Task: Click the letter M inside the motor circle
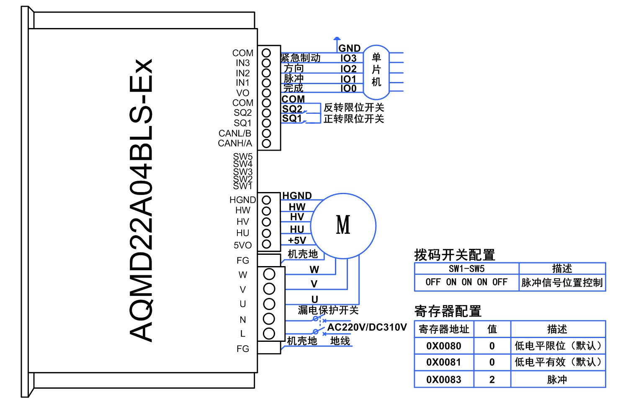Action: (343, 225)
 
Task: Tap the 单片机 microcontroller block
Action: (376, 70)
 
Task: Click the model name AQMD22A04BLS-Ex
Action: (141, 200)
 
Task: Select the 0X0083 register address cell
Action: (444, 379)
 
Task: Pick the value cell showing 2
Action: (492, 379)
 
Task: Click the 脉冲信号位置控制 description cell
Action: (562, 283)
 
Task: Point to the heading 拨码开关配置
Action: (454, 255)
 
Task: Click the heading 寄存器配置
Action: (448, 311)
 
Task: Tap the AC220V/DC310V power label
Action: (367, 327)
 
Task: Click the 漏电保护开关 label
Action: (328, 310)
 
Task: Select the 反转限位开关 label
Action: (354, 108)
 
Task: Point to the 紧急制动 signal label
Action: (301, 58)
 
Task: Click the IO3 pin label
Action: (348, 58)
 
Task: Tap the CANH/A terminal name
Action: (235, 143)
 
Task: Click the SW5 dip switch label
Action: (243, 156)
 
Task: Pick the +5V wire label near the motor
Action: (297, 240)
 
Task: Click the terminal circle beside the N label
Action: (269, 319)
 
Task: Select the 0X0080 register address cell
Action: (444, 346)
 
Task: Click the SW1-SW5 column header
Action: (466, 269)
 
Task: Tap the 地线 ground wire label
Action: (340, 341)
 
